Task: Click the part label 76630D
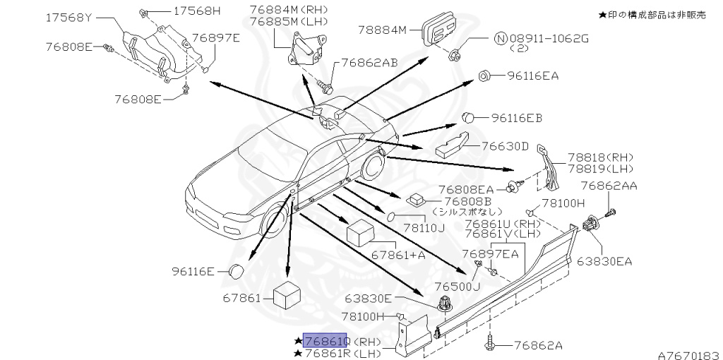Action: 505,146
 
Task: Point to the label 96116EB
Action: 517,117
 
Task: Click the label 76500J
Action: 457,287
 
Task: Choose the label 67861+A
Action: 399,254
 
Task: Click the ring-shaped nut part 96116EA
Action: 485,76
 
